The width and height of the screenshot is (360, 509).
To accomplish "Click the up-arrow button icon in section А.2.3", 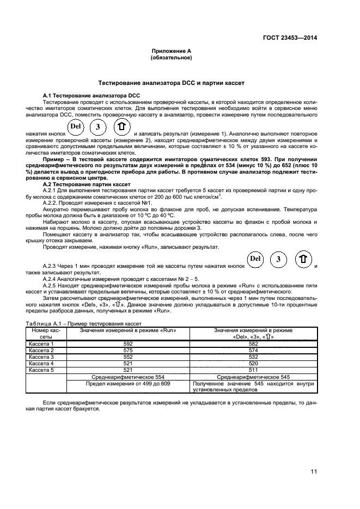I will [x=303, y=259].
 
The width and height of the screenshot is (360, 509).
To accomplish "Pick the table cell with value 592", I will [x=129, y=344].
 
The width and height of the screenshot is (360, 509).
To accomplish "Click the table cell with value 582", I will [x=253, y=344].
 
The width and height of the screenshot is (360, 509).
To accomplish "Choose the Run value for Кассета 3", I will [x=129, y=357].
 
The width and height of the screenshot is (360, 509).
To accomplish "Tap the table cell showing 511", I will [x=253, y=370].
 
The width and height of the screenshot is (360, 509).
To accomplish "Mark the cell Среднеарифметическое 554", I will [x=129, y=377].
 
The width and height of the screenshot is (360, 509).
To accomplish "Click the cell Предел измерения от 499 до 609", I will [x=129, y=383].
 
